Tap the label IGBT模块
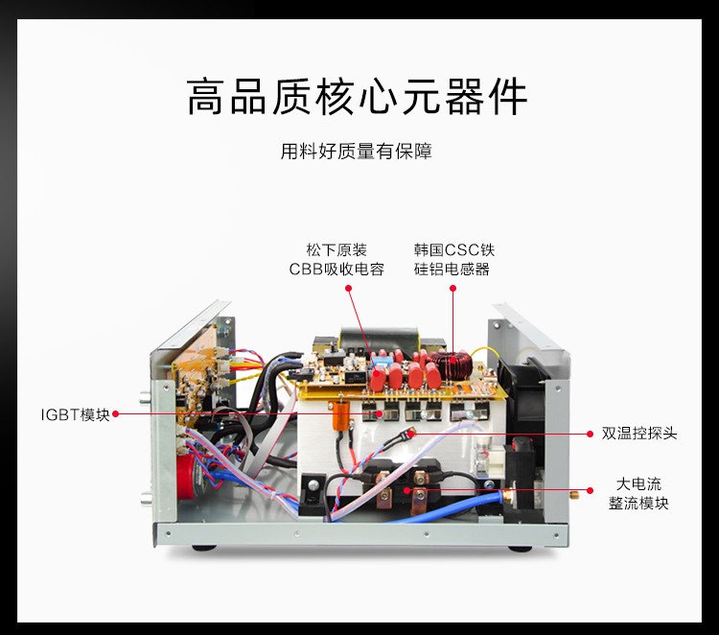(75, 414)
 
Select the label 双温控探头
(639, 433)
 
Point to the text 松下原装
(336, 249)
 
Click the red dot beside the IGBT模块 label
(116, 414)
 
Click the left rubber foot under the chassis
(204, 549)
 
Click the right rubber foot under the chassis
(527, 549)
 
